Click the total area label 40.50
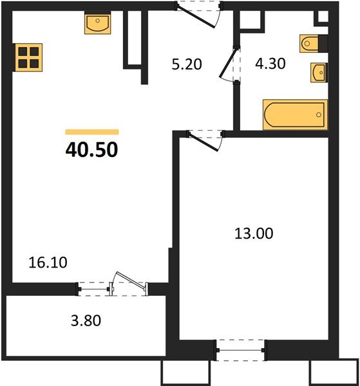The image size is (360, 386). (91, 149)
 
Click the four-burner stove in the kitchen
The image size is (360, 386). (28, 57)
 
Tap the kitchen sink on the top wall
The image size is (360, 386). (97, 24)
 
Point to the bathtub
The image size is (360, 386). (294, 115)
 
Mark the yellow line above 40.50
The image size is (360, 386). (91, 132)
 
